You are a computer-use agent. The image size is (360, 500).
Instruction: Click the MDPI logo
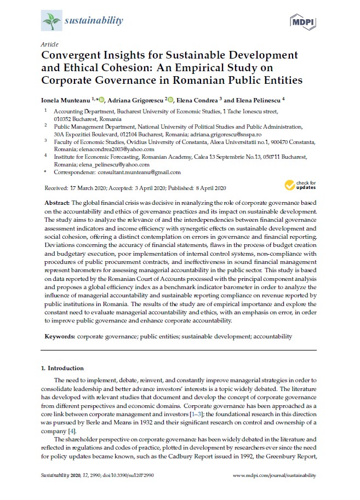305,22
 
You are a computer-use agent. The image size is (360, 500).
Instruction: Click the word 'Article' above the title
49,44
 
